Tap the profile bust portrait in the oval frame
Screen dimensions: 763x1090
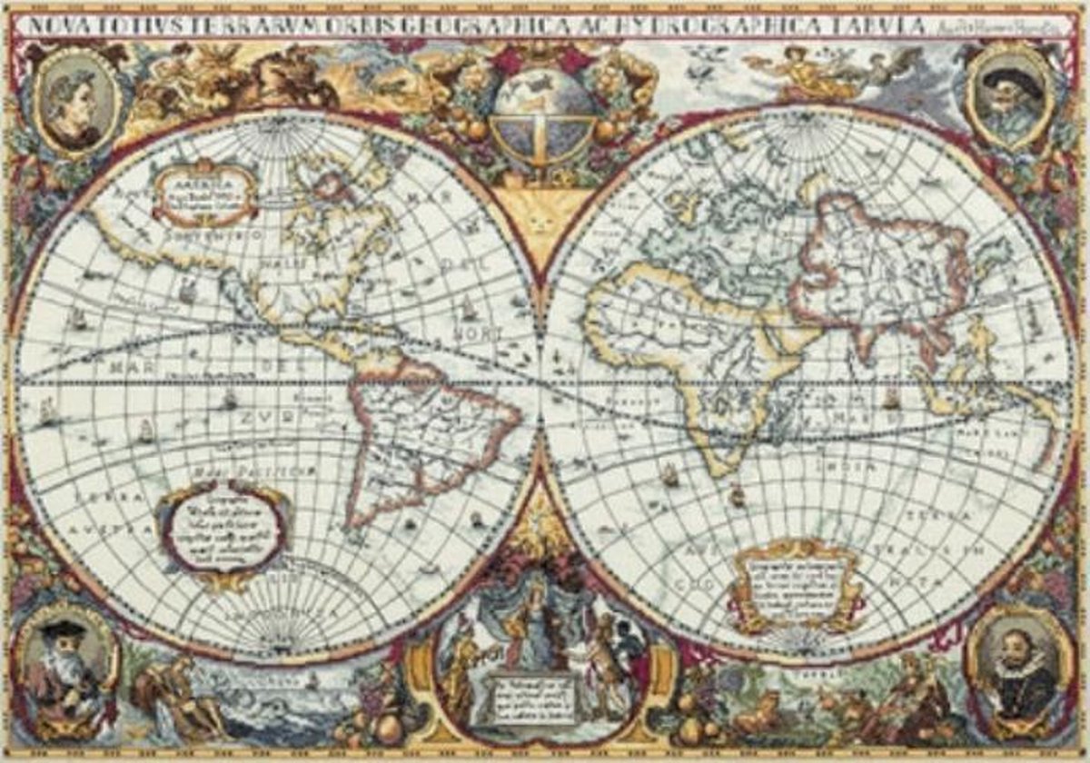tap(76, 103)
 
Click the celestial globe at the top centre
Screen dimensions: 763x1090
tap(543, 115)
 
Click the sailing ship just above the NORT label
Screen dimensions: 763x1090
tap(469, 309)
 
